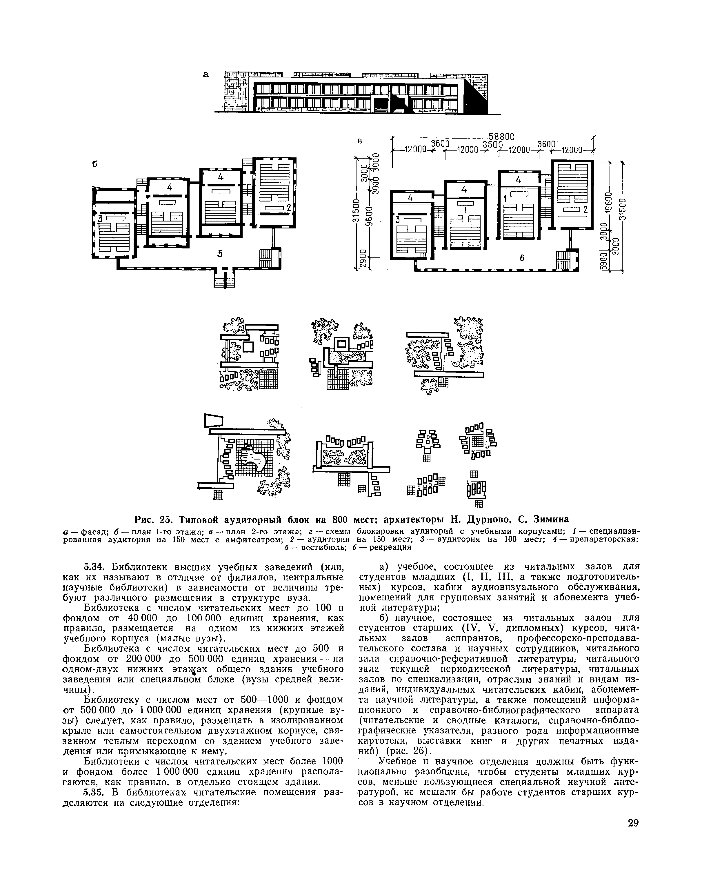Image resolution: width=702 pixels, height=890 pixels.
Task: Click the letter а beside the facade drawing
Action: tap(205, 75)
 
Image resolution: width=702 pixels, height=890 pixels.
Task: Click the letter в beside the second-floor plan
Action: tap(360, 142)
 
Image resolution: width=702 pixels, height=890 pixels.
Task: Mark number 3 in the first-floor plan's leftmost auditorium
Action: tap(99, 218)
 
